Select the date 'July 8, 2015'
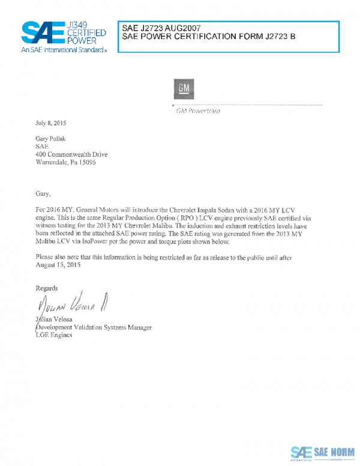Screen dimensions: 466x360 click(51, 123)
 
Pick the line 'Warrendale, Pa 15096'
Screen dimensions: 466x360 click(65, 162)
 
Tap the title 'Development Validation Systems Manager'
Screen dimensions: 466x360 click(94, 327)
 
